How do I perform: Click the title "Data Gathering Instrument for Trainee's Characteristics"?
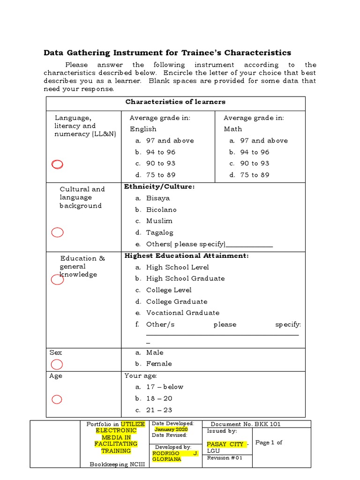point(167,52)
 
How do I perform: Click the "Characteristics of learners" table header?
point(175,102)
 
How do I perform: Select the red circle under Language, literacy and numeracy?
point(57,164)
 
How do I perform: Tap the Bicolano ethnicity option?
point(161,210)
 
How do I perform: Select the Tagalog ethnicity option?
point(159,232)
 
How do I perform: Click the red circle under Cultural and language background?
point(57,232)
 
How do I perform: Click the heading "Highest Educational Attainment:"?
point(186,255)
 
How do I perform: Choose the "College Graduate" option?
point(176,301)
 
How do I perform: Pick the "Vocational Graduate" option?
point(182,313)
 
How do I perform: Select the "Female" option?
point(159,364)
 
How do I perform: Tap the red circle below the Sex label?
point(56,364)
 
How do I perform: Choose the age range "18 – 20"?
point(159,398)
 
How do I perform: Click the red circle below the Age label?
point(56,399)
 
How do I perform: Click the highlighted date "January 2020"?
point(171,429)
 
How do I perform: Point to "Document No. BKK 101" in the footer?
point(246,424)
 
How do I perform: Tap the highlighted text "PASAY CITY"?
point(225,444)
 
